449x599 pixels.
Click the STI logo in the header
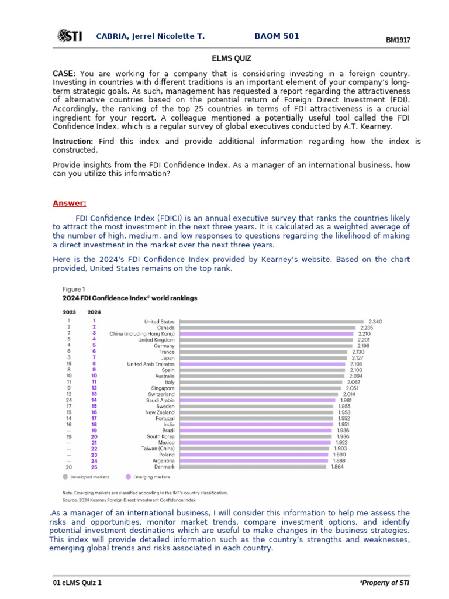point(69,37)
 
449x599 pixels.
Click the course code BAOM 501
point(277,36)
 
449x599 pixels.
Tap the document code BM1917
point(398,40)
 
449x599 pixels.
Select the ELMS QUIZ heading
point(231,58)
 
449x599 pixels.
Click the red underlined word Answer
point(69,203)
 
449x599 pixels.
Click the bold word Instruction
point(72,142)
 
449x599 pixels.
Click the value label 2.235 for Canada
point(367,328)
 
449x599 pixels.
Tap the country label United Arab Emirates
point(150,364)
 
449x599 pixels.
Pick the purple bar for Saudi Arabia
point(257,400)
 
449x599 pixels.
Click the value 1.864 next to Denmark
point(337,467)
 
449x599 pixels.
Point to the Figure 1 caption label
point(74,289)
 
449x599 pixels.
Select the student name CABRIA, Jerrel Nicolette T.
point(150,36)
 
